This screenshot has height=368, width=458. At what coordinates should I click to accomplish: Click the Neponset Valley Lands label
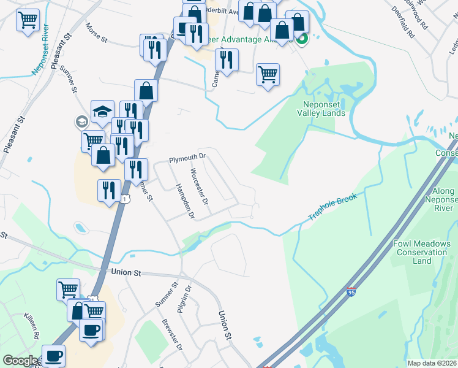click(x=321, y=109)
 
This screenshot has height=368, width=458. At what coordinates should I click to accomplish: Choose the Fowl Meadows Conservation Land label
click(x=421, y=252)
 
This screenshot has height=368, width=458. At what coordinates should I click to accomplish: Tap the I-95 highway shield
click(x=351, y=294)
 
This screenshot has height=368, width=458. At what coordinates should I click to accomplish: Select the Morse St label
click(x=96, y=34)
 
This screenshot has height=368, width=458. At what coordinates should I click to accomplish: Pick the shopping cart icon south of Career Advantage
click(x=268, y=74)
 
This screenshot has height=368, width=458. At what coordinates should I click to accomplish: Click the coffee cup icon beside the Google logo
click(x=53, y=355)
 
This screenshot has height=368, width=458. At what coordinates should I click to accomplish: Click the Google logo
click(x=20, y=361)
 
